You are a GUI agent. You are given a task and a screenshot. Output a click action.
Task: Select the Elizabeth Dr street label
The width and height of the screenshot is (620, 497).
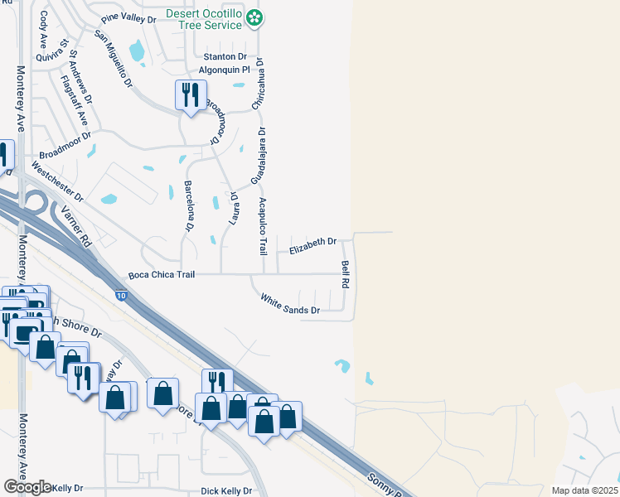(x=312, y=242)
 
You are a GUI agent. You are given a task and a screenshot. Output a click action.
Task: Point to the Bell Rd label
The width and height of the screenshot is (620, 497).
(x=345, y=274)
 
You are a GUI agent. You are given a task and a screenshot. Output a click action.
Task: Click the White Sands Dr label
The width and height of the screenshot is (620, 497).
(x=290, y=304)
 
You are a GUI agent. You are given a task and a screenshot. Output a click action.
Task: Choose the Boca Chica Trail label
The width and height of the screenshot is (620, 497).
(x=162, y=274)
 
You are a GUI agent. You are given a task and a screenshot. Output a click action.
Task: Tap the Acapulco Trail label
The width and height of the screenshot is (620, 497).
(x=263, y=226)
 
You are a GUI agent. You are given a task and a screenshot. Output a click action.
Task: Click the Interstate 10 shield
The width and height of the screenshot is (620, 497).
(x=121, y=295)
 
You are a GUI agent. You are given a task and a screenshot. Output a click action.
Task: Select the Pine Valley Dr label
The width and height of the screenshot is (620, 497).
(x=128, y=18)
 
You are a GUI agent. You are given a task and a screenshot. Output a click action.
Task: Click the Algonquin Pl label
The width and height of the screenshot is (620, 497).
(x=224, y=70)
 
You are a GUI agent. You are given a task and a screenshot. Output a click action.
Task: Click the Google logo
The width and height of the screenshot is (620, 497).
(x=27, y=487)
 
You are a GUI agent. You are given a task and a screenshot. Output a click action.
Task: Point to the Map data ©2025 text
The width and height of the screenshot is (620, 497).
(x=584, y=490)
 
